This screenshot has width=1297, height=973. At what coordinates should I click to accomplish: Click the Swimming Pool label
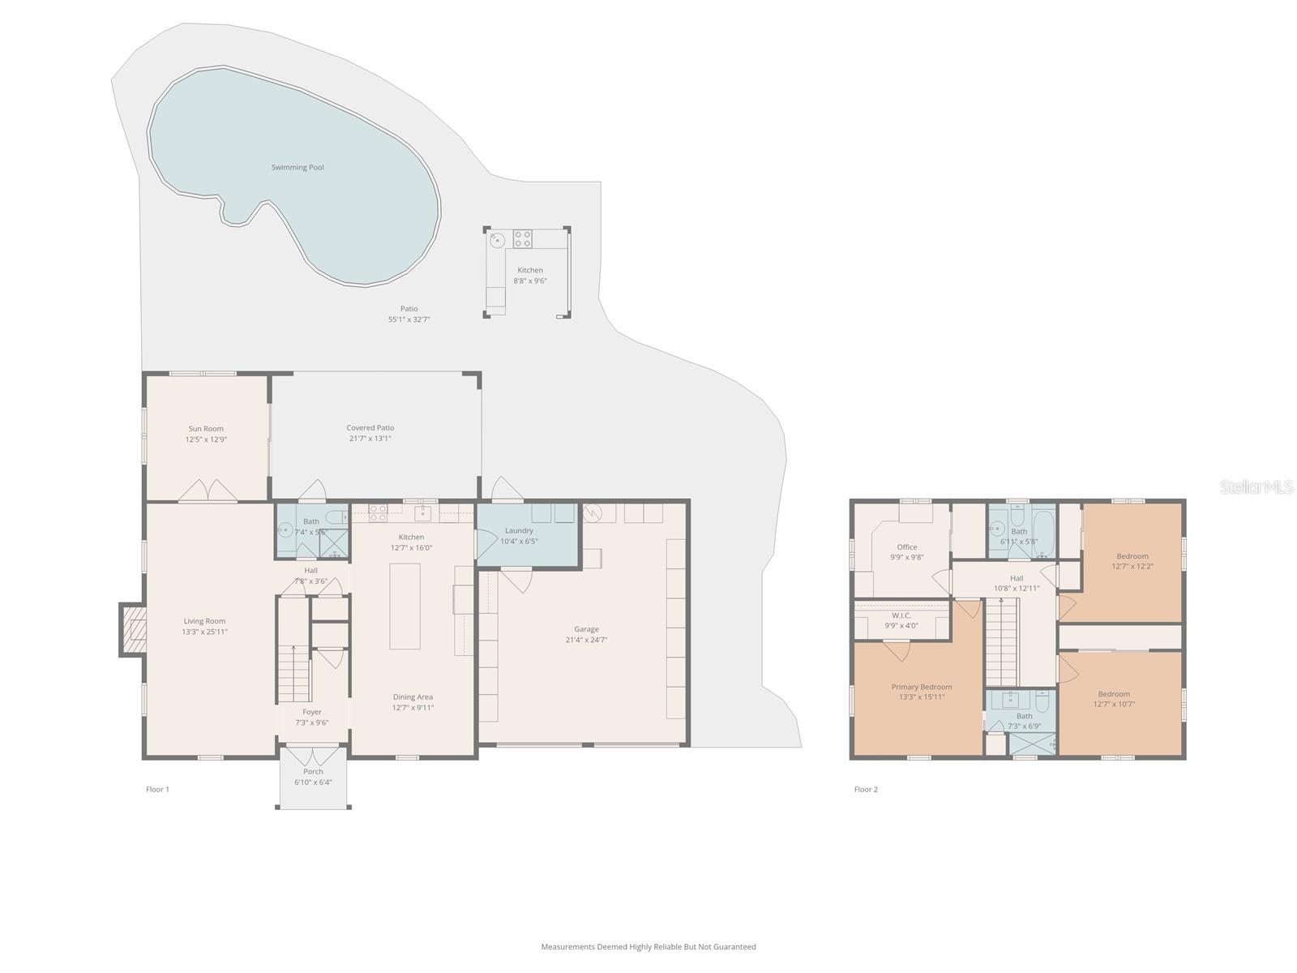pos(297,168)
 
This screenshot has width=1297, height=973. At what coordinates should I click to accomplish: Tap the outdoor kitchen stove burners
pos(523,238)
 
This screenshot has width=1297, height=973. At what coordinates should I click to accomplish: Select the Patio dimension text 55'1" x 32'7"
pos(409,319)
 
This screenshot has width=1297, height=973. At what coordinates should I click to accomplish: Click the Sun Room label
pos(206,429)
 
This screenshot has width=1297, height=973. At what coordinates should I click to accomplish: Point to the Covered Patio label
pos(370,428)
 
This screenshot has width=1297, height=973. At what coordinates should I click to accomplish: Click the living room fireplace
pos(134,629)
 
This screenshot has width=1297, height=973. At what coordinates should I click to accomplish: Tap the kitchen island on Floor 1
pos(405,606)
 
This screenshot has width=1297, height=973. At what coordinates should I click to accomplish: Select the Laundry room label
pos(519,531)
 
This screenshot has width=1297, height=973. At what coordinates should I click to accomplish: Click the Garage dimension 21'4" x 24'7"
pos(586,640)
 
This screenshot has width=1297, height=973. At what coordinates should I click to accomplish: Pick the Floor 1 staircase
pos(294,673)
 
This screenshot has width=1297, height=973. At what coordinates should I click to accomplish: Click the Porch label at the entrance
pos(313,772)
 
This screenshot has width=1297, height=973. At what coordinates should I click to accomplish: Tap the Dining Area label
pos(413,697)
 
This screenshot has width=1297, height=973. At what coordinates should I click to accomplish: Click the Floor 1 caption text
pos(157,789)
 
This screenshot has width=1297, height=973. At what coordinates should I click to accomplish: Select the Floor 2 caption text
pos(866,789)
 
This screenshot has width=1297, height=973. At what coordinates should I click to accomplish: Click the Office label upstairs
pos(907,547)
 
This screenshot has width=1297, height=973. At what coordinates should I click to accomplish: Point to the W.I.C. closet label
pos(901,615)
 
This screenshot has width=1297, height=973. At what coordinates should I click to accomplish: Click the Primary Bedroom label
pos(922,688)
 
